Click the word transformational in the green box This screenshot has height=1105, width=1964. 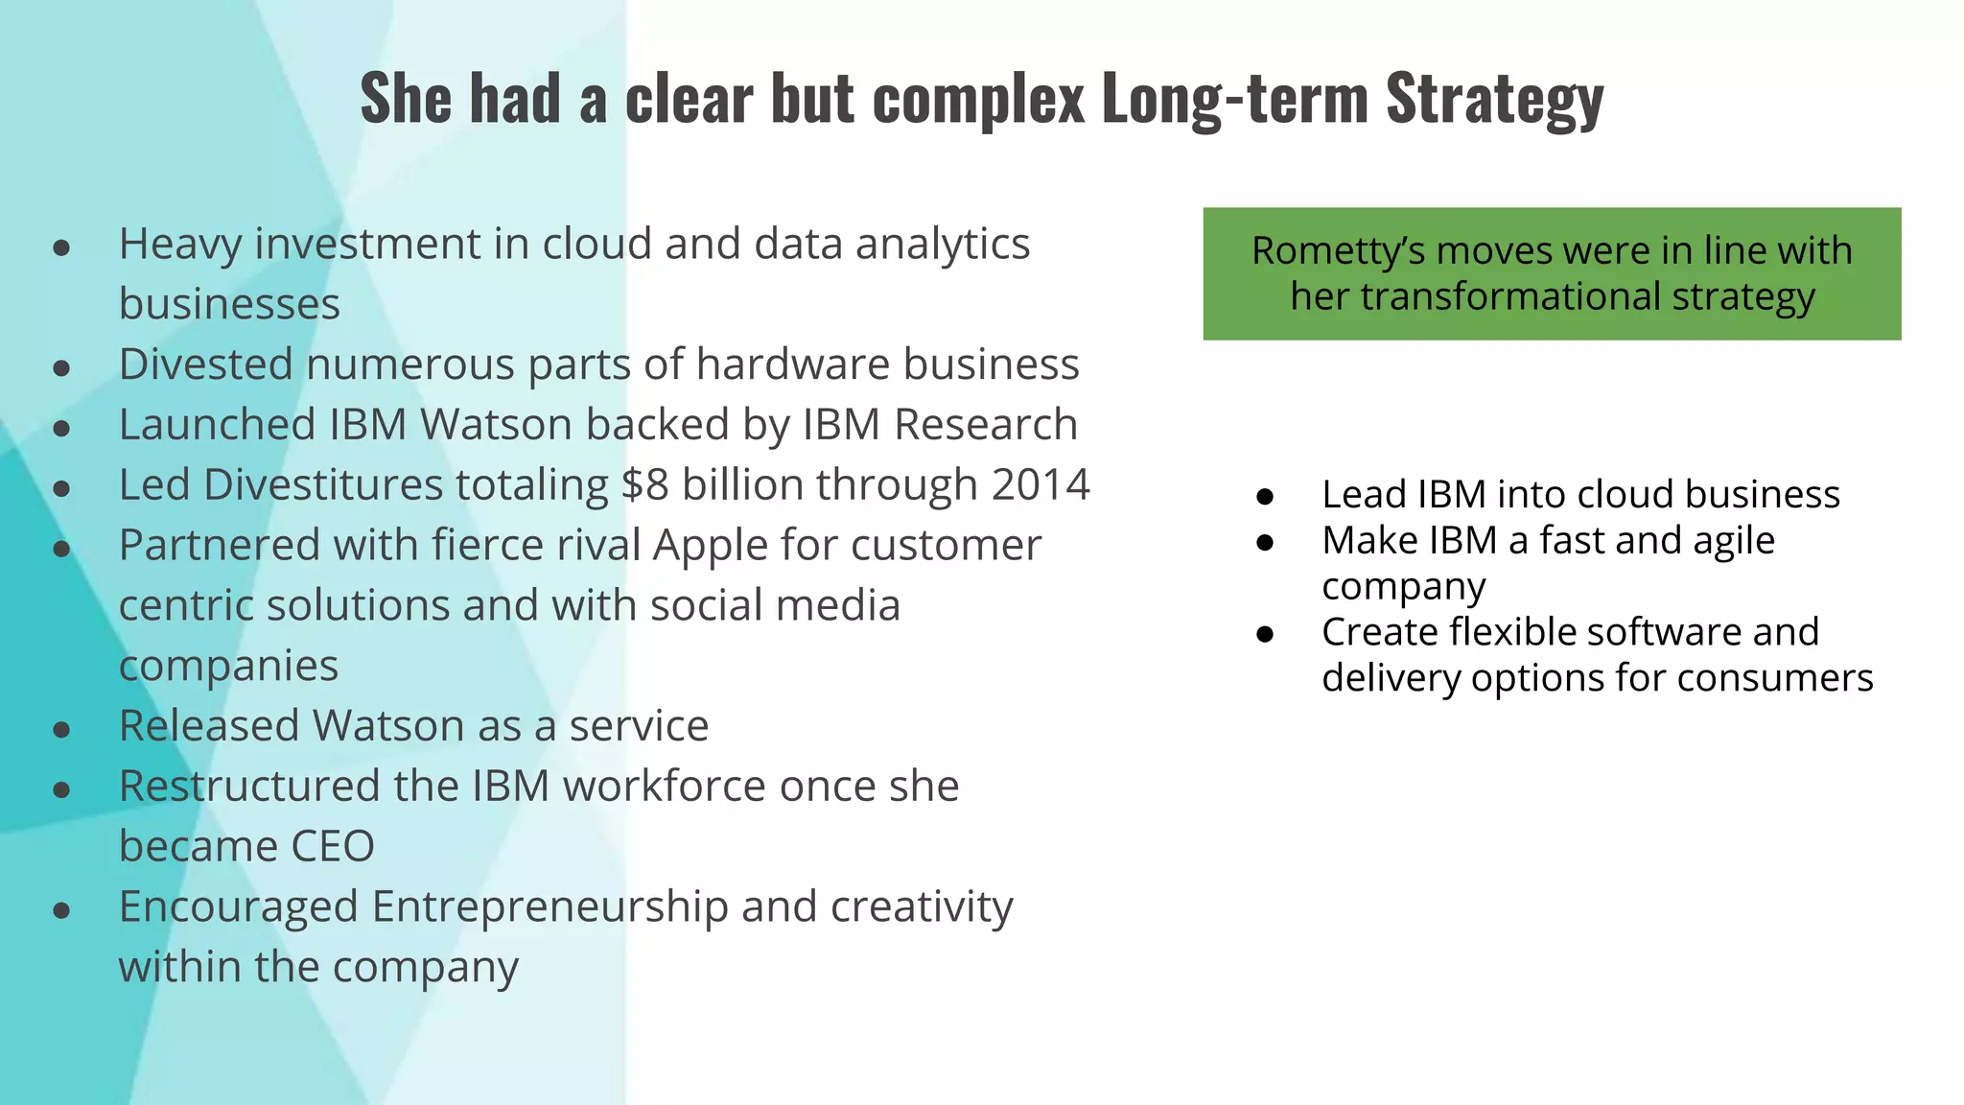point(1510,296)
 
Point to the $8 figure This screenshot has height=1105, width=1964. point(644,484)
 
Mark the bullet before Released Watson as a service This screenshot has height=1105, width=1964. point(62,730)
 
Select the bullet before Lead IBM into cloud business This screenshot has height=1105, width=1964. point(1265,497)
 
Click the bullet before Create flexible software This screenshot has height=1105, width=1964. point(1265,634)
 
